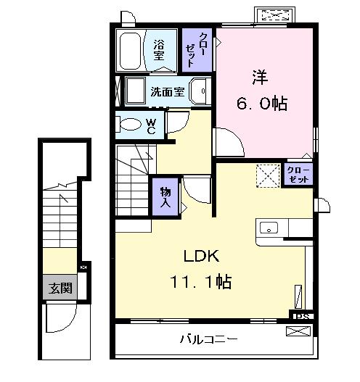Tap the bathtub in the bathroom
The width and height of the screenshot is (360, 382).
coord(132,49)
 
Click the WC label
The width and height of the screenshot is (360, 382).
coord(151,127)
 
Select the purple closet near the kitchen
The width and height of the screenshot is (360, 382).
coord(297,174)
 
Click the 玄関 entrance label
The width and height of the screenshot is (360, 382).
coord(60,288)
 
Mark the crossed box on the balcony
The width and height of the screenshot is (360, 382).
coord(298,332)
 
